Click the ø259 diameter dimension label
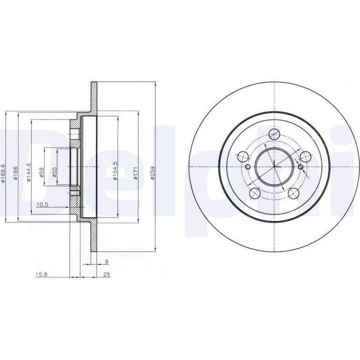(153, 173)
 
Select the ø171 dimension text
(136, 173)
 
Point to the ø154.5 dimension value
(115, 171)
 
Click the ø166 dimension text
(15, 173)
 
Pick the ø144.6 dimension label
(29, 172)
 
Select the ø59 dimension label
(42, 173)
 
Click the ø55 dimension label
(54, 172)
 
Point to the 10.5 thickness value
(42, 205)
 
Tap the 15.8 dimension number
(41, 274)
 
